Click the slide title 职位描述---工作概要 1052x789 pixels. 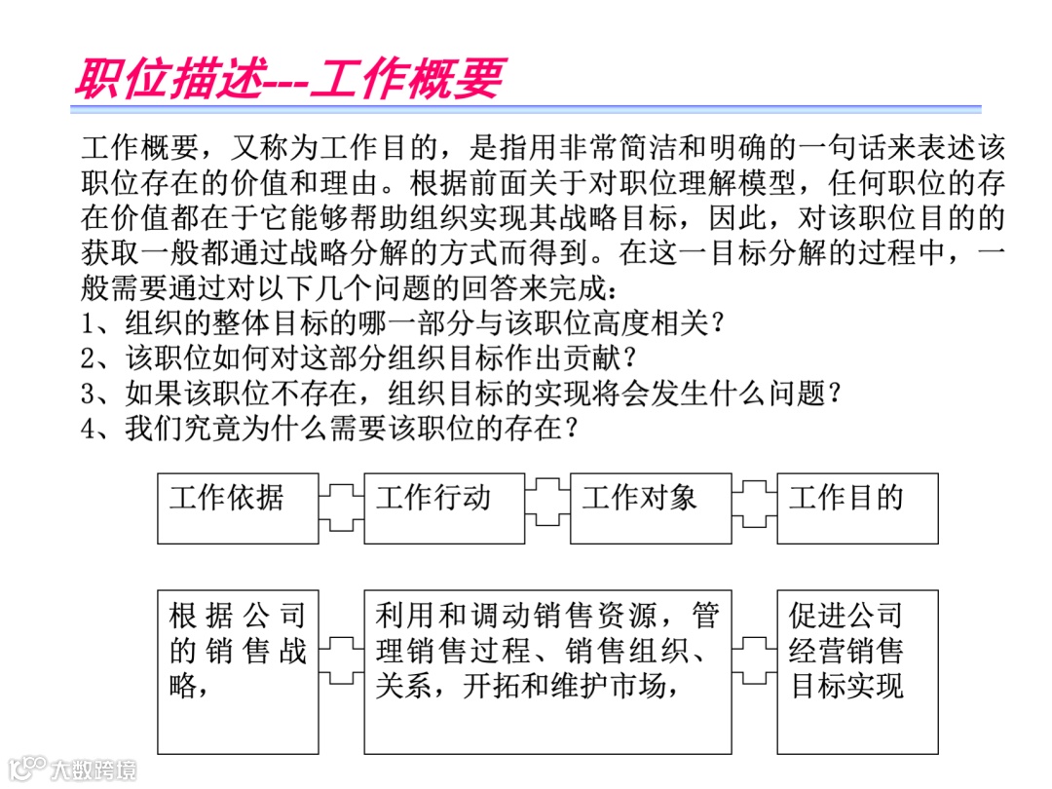tap(288, 78)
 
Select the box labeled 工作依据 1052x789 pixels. tap(238, 507)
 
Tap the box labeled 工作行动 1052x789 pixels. tap(444, 507)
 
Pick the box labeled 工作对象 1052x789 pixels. tap(651, 507)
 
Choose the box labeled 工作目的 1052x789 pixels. tap(857, 507)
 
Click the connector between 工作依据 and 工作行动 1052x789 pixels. tap(341, 507)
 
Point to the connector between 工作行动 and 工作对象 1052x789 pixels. tap(547, 507)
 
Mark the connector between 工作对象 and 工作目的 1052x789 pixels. tap(754, 507)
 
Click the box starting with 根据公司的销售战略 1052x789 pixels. tap(238, 670)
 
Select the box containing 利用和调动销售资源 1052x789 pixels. tap(547, 670)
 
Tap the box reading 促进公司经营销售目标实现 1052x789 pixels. tap(857, 670)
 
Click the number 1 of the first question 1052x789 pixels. tap(89, 322)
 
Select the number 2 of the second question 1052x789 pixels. tap(89, 357)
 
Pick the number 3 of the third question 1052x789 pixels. tap(89, 393)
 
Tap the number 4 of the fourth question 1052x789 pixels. tap(89, 428)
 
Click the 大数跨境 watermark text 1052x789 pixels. tap(94, 769)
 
